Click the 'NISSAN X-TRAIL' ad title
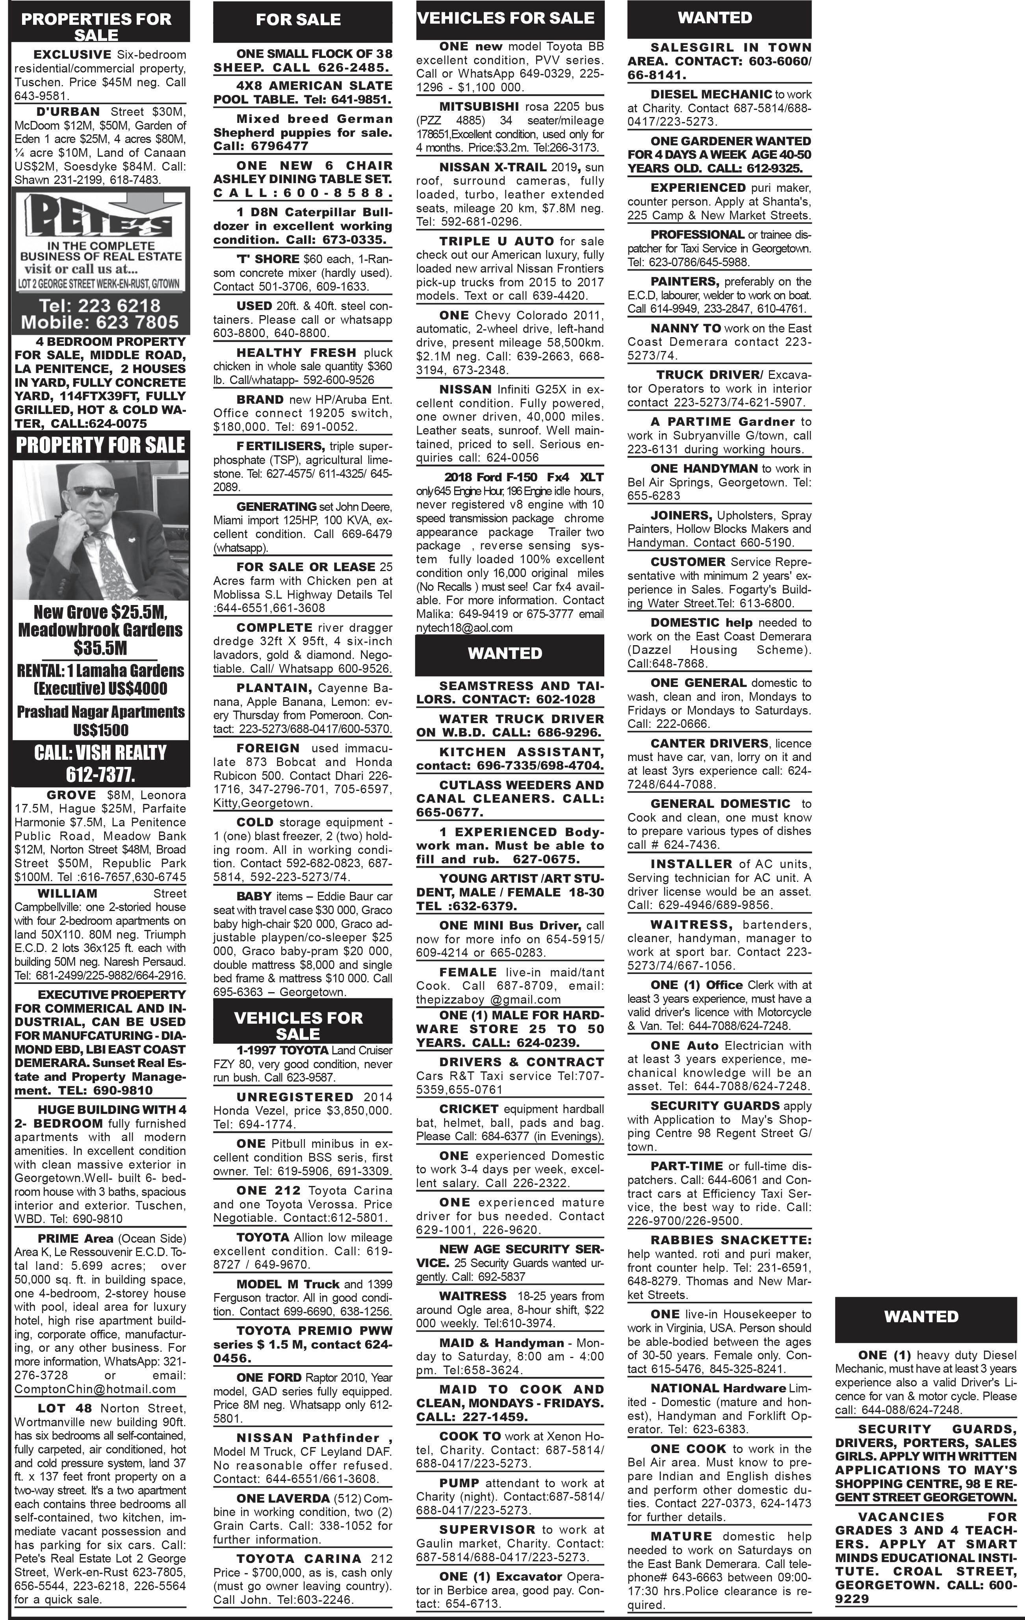coord(493,167)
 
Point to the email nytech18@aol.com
coord(464,628)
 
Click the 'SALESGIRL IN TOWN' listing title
coord(731,48)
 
